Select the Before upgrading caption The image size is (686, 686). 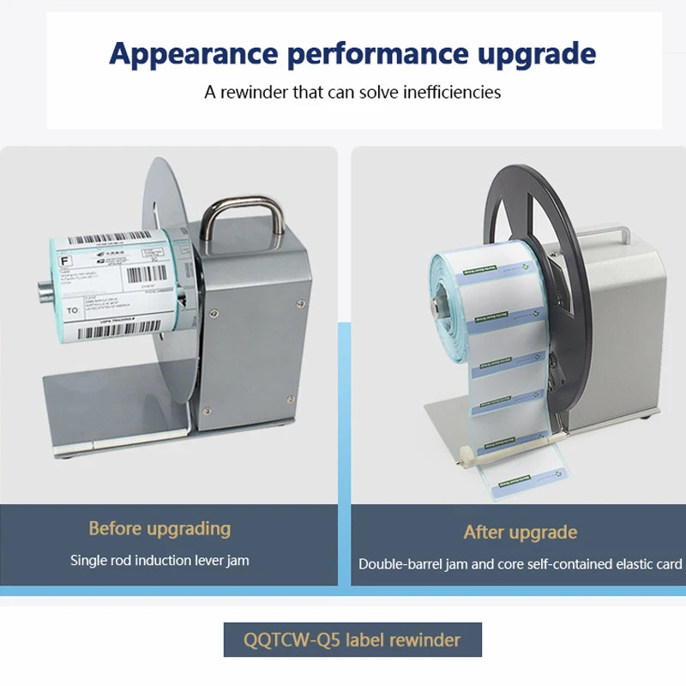(159, 528)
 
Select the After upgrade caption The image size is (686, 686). (521, 533)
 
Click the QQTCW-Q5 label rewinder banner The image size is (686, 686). (352, 640)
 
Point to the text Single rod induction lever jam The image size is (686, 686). (159, 561)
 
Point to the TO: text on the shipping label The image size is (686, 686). (74, 307)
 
